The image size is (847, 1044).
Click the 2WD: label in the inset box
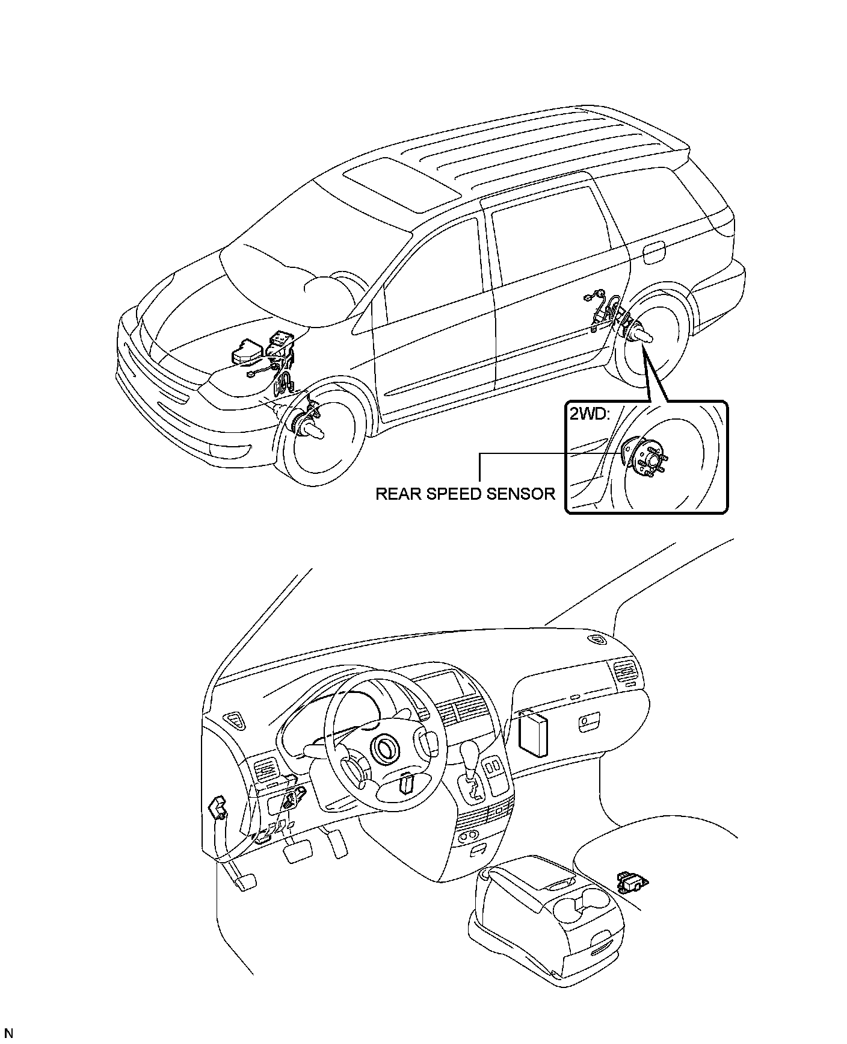(x=589, y=415)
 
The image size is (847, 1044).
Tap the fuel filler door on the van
(x=653, y=254)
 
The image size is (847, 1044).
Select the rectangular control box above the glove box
(x=533, y=730)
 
